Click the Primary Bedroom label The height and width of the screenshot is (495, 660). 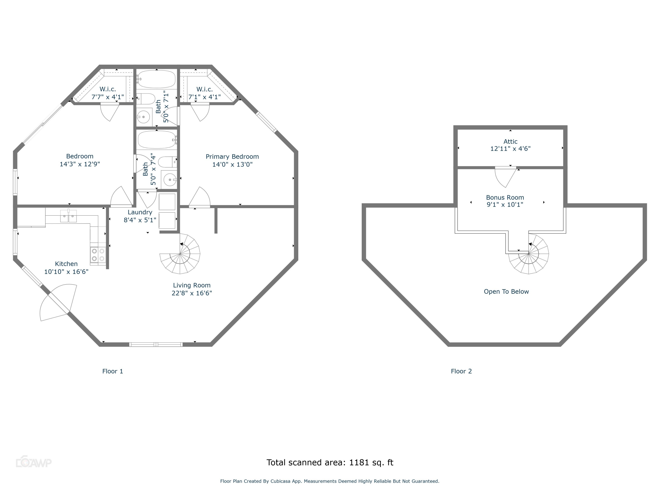[232, 157]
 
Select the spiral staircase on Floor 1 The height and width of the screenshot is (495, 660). [180, 254]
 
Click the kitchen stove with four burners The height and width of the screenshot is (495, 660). [98, 255]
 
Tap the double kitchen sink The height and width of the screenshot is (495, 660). [68, 216]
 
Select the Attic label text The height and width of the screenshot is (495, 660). [510, 141]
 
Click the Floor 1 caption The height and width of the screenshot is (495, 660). [112, 371]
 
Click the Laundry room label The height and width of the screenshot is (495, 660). [140, 212]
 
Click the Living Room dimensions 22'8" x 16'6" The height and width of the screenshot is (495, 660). [192, 293]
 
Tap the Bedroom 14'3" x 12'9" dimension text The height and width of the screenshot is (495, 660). [80, 164]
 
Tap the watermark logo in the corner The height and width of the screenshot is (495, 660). [33, 462]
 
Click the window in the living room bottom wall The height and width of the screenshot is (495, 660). [156, 345]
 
